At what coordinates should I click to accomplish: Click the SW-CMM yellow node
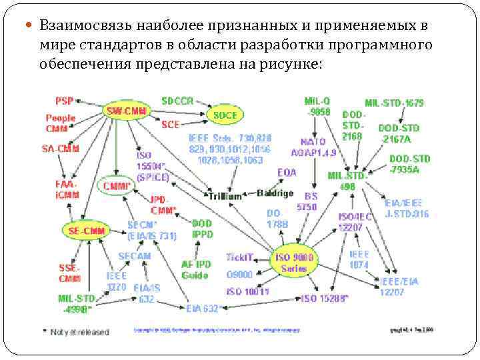coord(126,111)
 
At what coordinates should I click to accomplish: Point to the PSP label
coord(65,101)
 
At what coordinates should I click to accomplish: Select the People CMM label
coord(61,123)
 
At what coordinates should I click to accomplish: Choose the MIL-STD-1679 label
coord(394,103)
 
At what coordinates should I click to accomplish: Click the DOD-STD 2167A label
coord(399,133)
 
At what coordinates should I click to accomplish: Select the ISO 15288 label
coord(325,298)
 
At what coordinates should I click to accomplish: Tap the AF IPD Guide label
coord(195,269)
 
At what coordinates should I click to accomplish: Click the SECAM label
coord(134,256)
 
